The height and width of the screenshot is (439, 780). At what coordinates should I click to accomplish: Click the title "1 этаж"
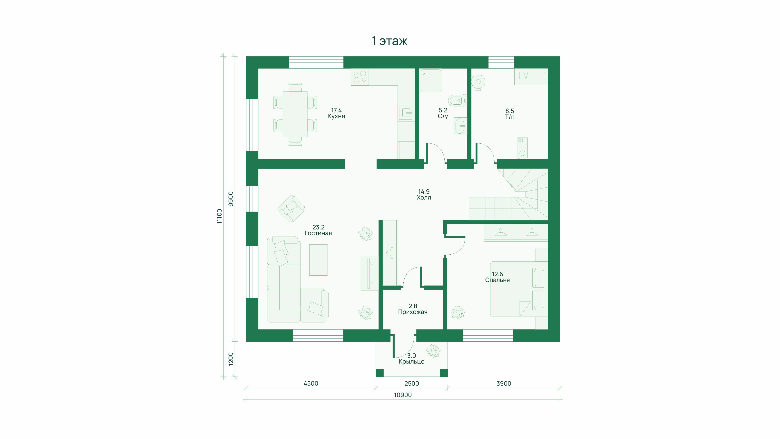pos(390,41)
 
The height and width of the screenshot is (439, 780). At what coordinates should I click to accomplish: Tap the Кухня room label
pos(336,116)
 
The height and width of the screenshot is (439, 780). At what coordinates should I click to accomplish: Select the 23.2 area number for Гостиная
pos(318,227)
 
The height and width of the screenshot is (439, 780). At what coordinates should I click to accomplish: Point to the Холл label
pos(424,198)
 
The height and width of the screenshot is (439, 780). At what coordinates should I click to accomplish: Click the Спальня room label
pos(497,280)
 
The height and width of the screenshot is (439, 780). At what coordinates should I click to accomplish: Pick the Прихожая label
pos(413,312)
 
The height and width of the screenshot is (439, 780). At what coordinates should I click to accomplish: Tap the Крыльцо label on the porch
pos(411,361)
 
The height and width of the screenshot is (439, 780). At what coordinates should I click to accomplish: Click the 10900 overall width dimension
pos(403,395)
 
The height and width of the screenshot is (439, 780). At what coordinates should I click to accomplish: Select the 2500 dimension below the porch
pos(412,384)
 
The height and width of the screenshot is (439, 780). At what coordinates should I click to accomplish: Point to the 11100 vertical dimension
pos(220,216)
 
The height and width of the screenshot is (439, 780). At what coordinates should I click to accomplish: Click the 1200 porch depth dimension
pos(231,359)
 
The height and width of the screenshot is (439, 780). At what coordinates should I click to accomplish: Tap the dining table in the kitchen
pos(295,114)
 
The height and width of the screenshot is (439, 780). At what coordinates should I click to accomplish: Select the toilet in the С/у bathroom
pos(458,100)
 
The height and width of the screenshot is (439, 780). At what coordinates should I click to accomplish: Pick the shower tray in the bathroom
pos(430,80)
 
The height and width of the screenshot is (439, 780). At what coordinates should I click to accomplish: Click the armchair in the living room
pos(291,209)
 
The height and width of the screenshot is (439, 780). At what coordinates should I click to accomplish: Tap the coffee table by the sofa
pos(318,260)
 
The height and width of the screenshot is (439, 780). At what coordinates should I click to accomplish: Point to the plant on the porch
pos(433,351)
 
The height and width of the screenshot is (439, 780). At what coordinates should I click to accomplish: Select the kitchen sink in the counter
pos(406,113)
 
